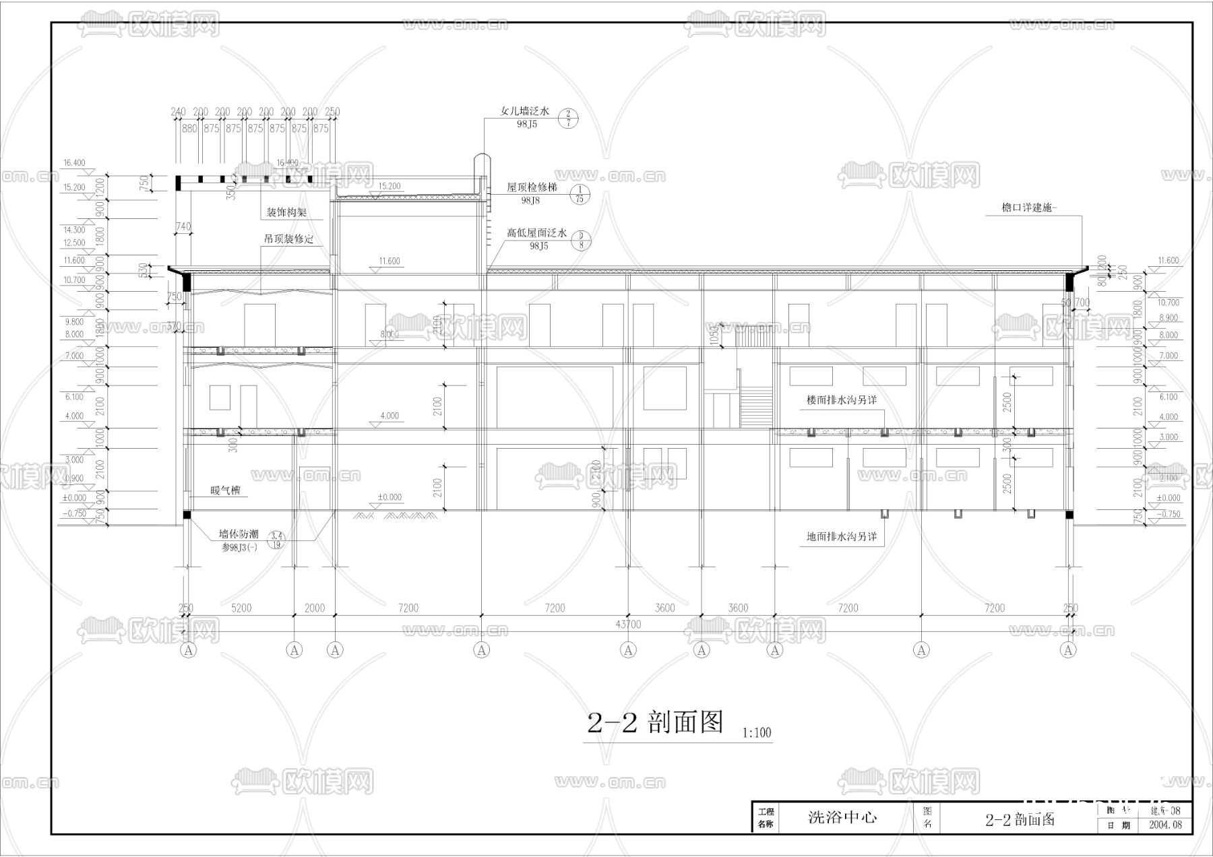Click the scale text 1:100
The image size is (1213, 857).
(x=757, y=732)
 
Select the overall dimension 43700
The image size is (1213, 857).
(x=628, y=625)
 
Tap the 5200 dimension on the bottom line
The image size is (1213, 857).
(x=241, y=608)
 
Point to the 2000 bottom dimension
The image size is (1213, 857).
(x=314, y=608)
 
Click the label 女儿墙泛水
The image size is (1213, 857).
(x=525, y=112)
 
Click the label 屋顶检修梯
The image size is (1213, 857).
(x=532, y=188)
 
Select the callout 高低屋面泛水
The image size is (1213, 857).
(x=537, y=233)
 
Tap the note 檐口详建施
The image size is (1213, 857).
(x=1030, y=208)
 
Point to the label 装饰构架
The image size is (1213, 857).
(x=286, y=212)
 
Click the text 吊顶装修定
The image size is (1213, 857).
(x=288, y=239)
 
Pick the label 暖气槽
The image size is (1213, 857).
(x=225, y=490)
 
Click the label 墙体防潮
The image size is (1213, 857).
(x=239, y=534)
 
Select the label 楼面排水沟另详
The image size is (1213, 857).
(x=842, y=400)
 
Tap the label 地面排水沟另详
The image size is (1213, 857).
(x=842, y=537)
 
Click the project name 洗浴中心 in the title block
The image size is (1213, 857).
(x=842, y=818)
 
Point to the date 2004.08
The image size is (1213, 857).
(x=1165, y=825)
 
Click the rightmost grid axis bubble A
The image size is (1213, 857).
(x=1068, y=650)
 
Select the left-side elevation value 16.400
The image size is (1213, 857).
(x=74, y=163)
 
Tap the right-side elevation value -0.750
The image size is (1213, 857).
(x=1169, y=514)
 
